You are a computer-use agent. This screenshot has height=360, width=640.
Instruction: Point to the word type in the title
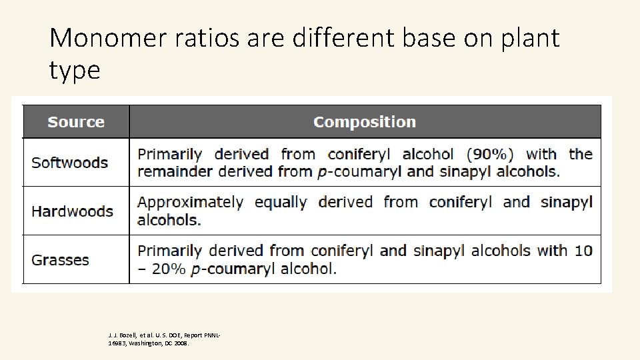(75, 70)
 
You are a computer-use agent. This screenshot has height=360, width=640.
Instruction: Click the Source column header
(76, 122)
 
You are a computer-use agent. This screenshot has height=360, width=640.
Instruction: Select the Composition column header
(365, 122)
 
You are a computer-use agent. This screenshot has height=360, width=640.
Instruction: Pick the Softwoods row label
(69, 163)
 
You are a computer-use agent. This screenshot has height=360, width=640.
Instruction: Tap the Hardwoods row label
(72, 211)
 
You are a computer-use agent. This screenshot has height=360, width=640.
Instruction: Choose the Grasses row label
(60, 260)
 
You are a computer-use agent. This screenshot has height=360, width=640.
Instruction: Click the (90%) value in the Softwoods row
(490, 154)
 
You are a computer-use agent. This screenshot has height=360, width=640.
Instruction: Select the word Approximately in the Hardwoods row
(191, 203)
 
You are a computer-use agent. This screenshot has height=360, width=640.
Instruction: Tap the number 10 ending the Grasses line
(583, 251)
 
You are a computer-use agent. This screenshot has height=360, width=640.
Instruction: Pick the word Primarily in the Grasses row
(169, 251)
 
